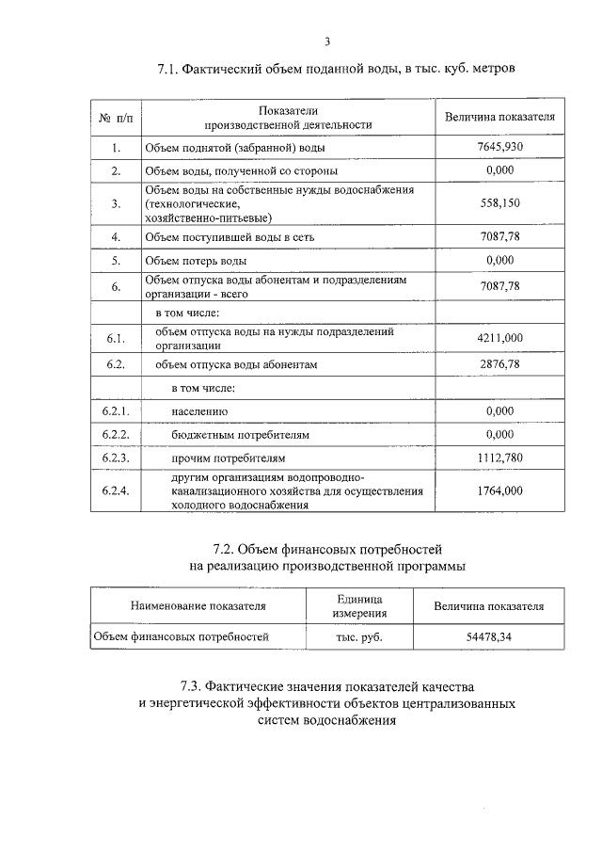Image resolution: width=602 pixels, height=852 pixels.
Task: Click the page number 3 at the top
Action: [x=325, y=40]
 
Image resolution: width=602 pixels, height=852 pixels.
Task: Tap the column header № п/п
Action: [x=116, y=118]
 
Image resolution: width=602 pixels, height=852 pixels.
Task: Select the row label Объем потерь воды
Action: [x=196, y=260]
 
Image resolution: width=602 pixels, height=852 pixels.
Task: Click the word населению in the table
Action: [x=199, y=412]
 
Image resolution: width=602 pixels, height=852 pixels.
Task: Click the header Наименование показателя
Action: [x=198, y=606]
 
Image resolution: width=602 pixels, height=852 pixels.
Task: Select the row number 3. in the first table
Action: [x=116, y=202]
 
